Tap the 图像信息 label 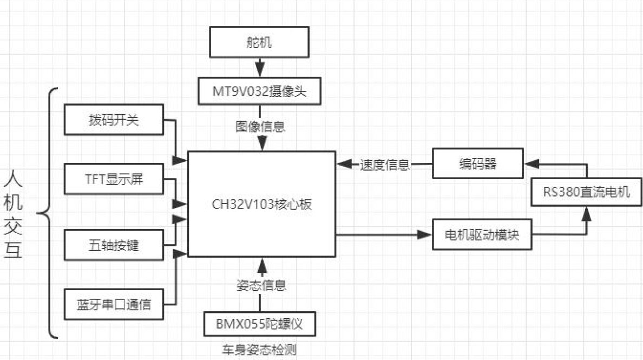pyautogui.click(x=260, y=126)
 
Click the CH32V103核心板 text pyautogui.click(x=262, y=204)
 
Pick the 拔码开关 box pyautogui.click(x=114, y=120)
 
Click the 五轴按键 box pyautogui.click(x=114, y=245)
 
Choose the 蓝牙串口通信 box pyautogui.click(x=114, y=304)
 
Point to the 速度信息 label pyautogui.click(x=385, y=165)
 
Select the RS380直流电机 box pyautogui.click(x=586, y=192)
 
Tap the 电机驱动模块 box pyautogui.click(x=482, y=235)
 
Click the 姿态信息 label pyautogui.click(x=261, y=285)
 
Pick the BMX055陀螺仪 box pyautogui.click(x=259, y=325)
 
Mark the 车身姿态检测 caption pyautogui.click(x=259, y=349)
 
